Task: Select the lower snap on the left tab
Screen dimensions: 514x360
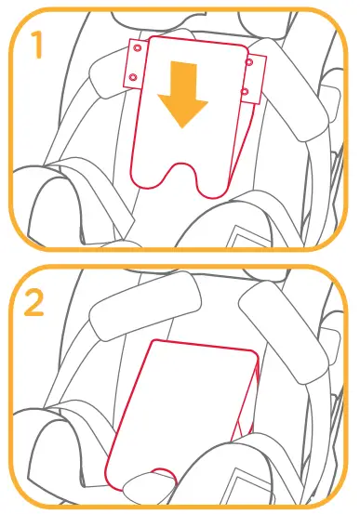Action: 133,76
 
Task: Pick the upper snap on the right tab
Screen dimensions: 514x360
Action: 249,61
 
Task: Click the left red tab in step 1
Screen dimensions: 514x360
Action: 135,62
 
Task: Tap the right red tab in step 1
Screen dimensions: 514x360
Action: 248,75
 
